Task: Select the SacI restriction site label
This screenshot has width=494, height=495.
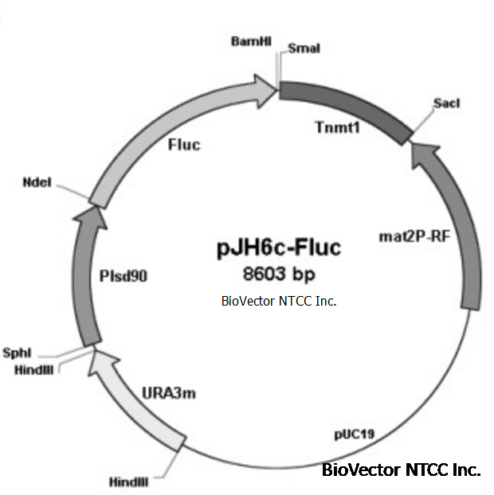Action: coord(446,103)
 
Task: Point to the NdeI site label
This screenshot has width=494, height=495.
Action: coord(37,182)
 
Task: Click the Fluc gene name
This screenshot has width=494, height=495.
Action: coord(184,145)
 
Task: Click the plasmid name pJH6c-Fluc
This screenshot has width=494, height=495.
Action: coord(278,247)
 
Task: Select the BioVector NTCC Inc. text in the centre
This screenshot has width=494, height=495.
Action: coord(278,301)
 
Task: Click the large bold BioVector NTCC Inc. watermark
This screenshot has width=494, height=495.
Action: coord(401,470)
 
